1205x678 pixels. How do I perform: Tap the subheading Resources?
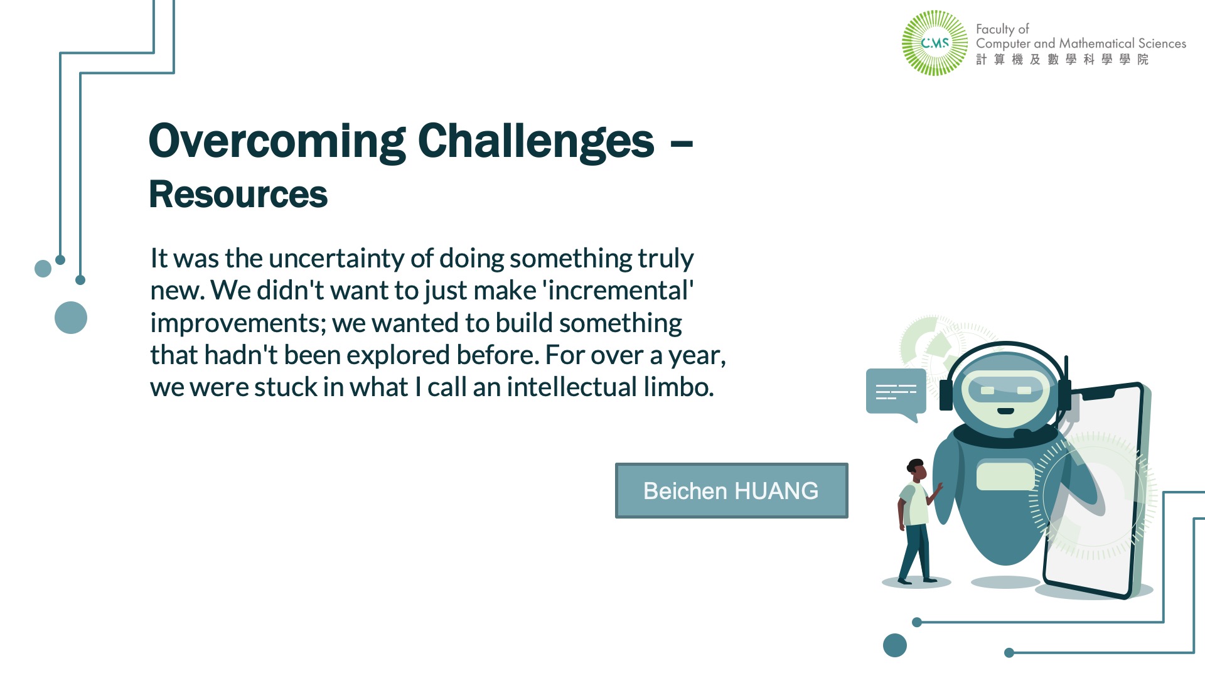coord(238,194)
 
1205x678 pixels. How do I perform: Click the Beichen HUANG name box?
coord(732,491)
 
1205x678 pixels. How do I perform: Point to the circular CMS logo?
coord(935,43)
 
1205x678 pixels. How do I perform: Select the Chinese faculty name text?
coord(1062,60)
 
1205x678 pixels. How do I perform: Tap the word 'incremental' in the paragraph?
coord(618,291)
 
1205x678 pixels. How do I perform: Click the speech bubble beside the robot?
coord(896,394)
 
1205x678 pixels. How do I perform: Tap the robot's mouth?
coord(1006,411)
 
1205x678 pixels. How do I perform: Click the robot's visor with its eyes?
coord(1006,390)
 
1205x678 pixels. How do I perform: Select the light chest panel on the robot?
coord(1005,475)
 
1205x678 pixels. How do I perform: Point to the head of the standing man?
coord(917,470)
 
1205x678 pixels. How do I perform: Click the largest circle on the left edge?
coord(71,318)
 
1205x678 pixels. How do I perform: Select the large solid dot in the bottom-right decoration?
coord(895,645)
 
